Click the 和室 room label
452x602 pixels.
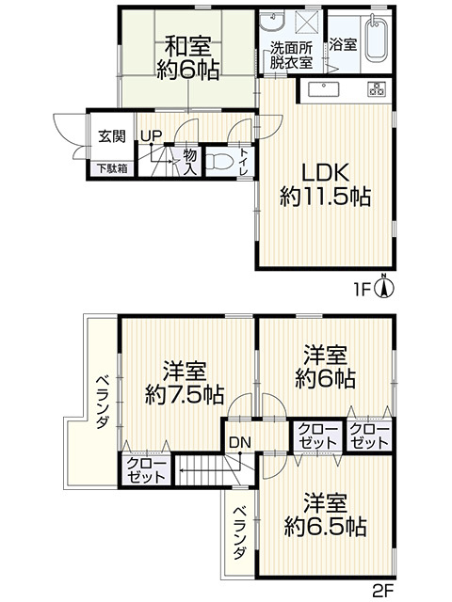coord(188,46)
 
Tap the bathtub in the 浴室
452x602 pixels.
coord(376,38)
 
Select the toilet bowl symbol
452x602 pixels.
coord(218,161)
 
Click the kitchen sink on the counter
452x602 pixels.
coord(324,90)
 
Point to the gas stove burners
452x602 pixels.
coord(377,89)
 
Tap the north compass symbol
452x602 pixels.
coord(383,287)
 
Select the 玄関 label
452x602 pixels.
coord(112,136)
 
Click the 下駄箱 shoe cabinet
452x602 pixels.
coord(112,168)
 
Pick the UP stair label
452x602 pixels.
coord(151,135)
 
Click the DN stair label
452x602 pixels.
coord(240,442)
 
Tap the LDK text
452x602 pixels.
coord(325,173)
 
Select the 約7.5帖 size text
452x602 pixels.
coord(185,395)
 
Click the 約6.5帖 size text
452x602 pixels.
coord(325,527)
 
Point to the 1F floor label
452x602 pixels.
coord(362,290)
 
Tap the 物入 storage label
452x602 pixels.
coord(189,162)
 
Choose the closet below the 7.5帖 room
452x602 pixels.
coord(146,470)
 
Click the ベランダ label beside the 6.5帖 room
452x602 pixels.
coord(240,533)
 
